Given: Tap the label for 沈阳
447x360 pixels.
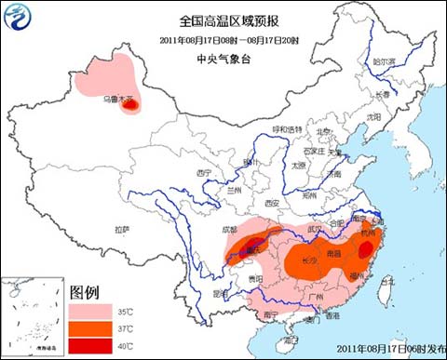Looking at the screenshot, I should tap(373, 117).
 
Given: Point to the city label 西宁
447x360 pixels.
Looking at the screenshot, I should tap(205, 173).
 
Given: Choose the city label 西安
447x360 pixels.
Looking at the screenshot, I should tap(271, 202).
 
